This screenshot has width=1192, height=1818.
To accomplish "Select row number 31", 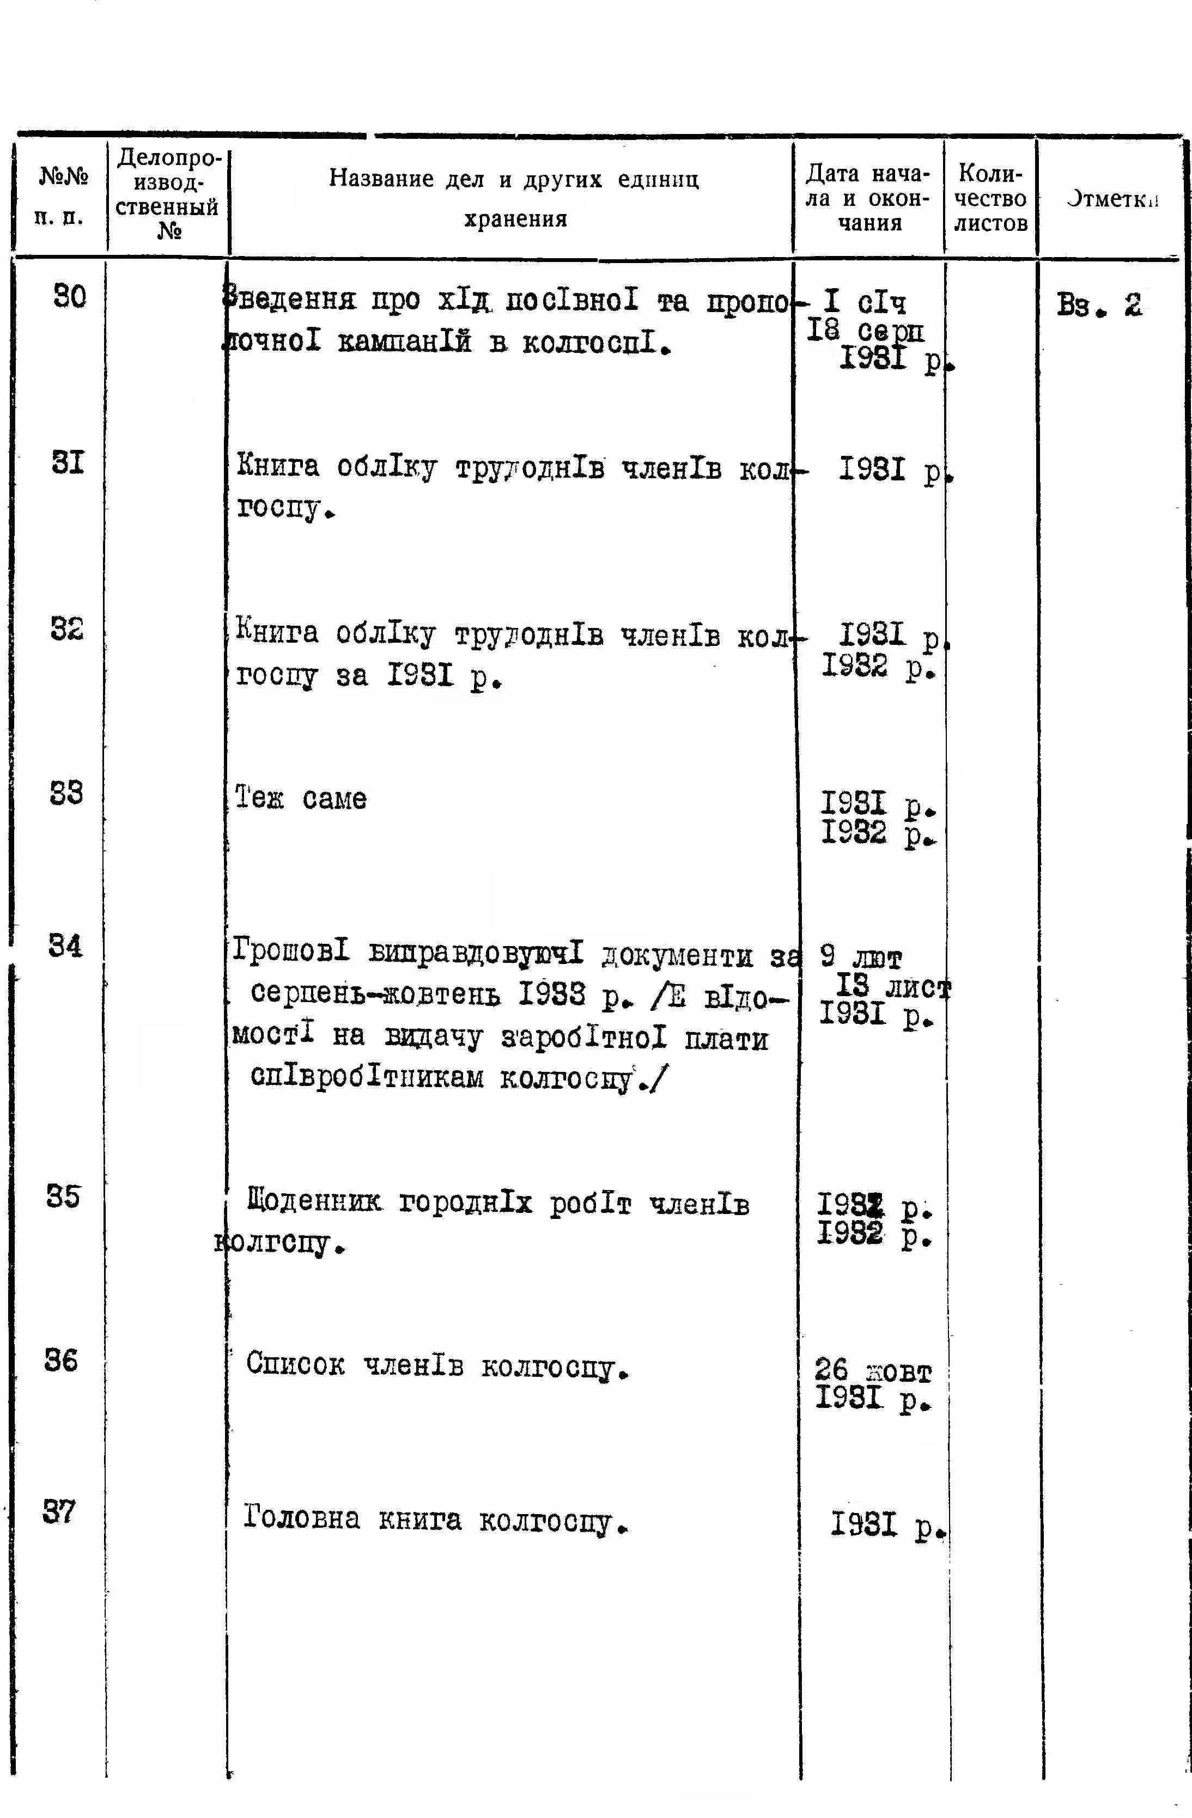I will (x=69, y=463).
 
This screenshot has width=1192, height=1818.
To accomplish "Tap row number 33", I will (x=66, y=795).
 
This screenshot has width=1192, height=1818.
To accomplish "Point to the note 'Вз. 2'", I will (x=1099, y=306).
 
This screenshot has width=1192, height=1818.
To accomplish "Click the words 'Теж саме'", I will (x=300, y=799).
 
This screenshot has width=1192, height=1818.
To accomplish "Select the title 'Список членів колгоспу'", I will (x=438, y=1365).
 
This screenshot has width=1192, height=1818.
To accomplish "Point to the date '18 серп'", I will (x=865, y=331).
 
